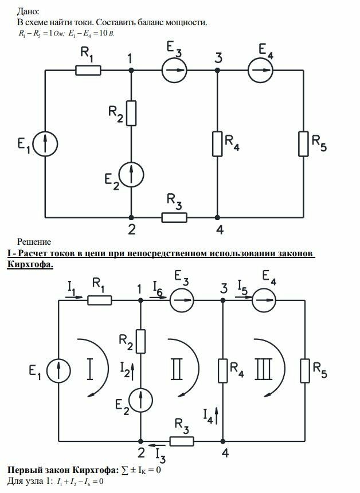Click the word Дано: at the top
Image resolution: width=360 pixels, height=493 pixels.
(28, 12)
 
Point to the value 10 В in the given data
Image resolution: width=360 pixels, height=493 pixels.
(107, 33)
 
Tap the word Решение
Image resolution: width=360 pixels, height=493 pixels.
(34, 242)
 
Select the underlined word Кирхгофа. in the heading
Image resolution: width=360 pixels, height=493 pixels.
(30, 265)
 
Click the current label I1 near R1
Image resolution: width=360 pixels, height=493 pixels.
(72, 288)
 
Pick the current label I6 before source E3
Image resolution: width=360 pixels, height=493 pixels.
(158, 288)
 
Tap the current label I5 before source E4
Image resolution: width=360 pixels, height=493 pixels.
(242, 287)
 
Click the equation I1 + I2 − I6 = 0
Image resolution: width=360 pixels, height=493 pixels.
(80, 482)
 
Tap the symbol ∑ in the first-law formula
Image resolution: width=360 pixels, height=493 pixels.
(125, 471)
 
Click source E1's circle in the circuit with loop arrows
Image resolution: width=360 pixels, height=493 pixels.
(58, 371)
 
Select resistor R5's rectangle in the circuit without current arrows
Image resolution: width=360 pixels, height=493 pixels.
(303, 144)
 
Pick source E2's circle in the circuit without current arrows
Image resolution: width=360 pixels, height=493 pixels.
(131, 174)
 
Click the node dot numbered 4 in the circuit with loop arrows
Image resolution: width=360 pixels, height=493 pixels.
(222, 441)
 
